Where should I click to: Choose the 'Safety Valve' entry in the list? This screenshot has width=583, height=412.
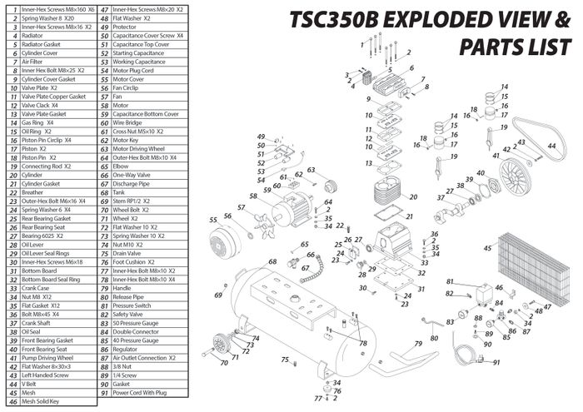(x=132, y=313)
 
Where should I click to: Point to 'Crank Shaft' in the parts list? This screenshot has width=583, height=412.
(x=41, y=322)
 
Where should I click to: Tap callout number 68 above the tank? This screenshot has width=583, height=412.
(x=272, y=262)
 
